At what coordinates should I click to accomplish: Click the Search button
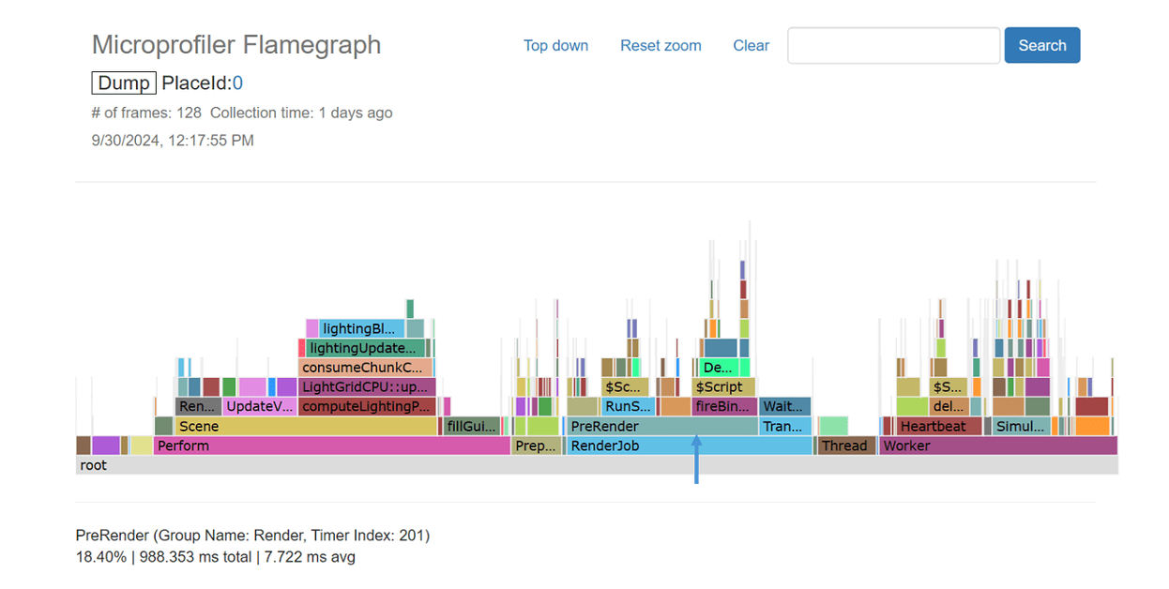1041,45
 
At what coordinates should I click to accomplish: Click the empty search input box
893,45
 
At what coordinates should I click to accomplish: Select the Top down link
555,45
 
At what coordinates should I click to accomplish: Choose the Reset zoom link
660,45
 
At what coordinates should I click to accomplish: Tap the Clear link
751,45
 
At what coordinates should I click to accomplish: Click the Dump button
124,83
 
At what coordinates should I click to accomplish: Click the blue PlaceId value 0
238,83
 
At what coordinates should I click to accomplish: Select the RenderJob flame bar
689,446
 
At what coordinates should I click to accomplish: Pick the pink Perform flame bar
331,446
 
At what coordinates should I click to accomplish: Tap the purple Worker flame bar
998,446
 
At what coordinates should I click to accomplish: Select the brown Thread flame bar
846,446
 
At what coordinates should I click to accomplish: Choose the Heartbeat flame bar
938,426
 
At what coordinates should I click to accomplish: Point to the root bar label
94,465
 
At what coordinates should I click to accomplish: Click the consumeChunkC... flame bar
365,367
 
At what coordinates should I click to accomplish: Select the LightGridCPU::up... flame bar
367,386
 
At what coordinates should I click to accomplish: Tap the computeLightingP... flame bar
367,406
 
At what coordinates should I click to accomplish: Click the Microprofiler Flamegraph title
236,44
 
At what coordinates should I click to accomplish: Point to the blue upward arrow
696,459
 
